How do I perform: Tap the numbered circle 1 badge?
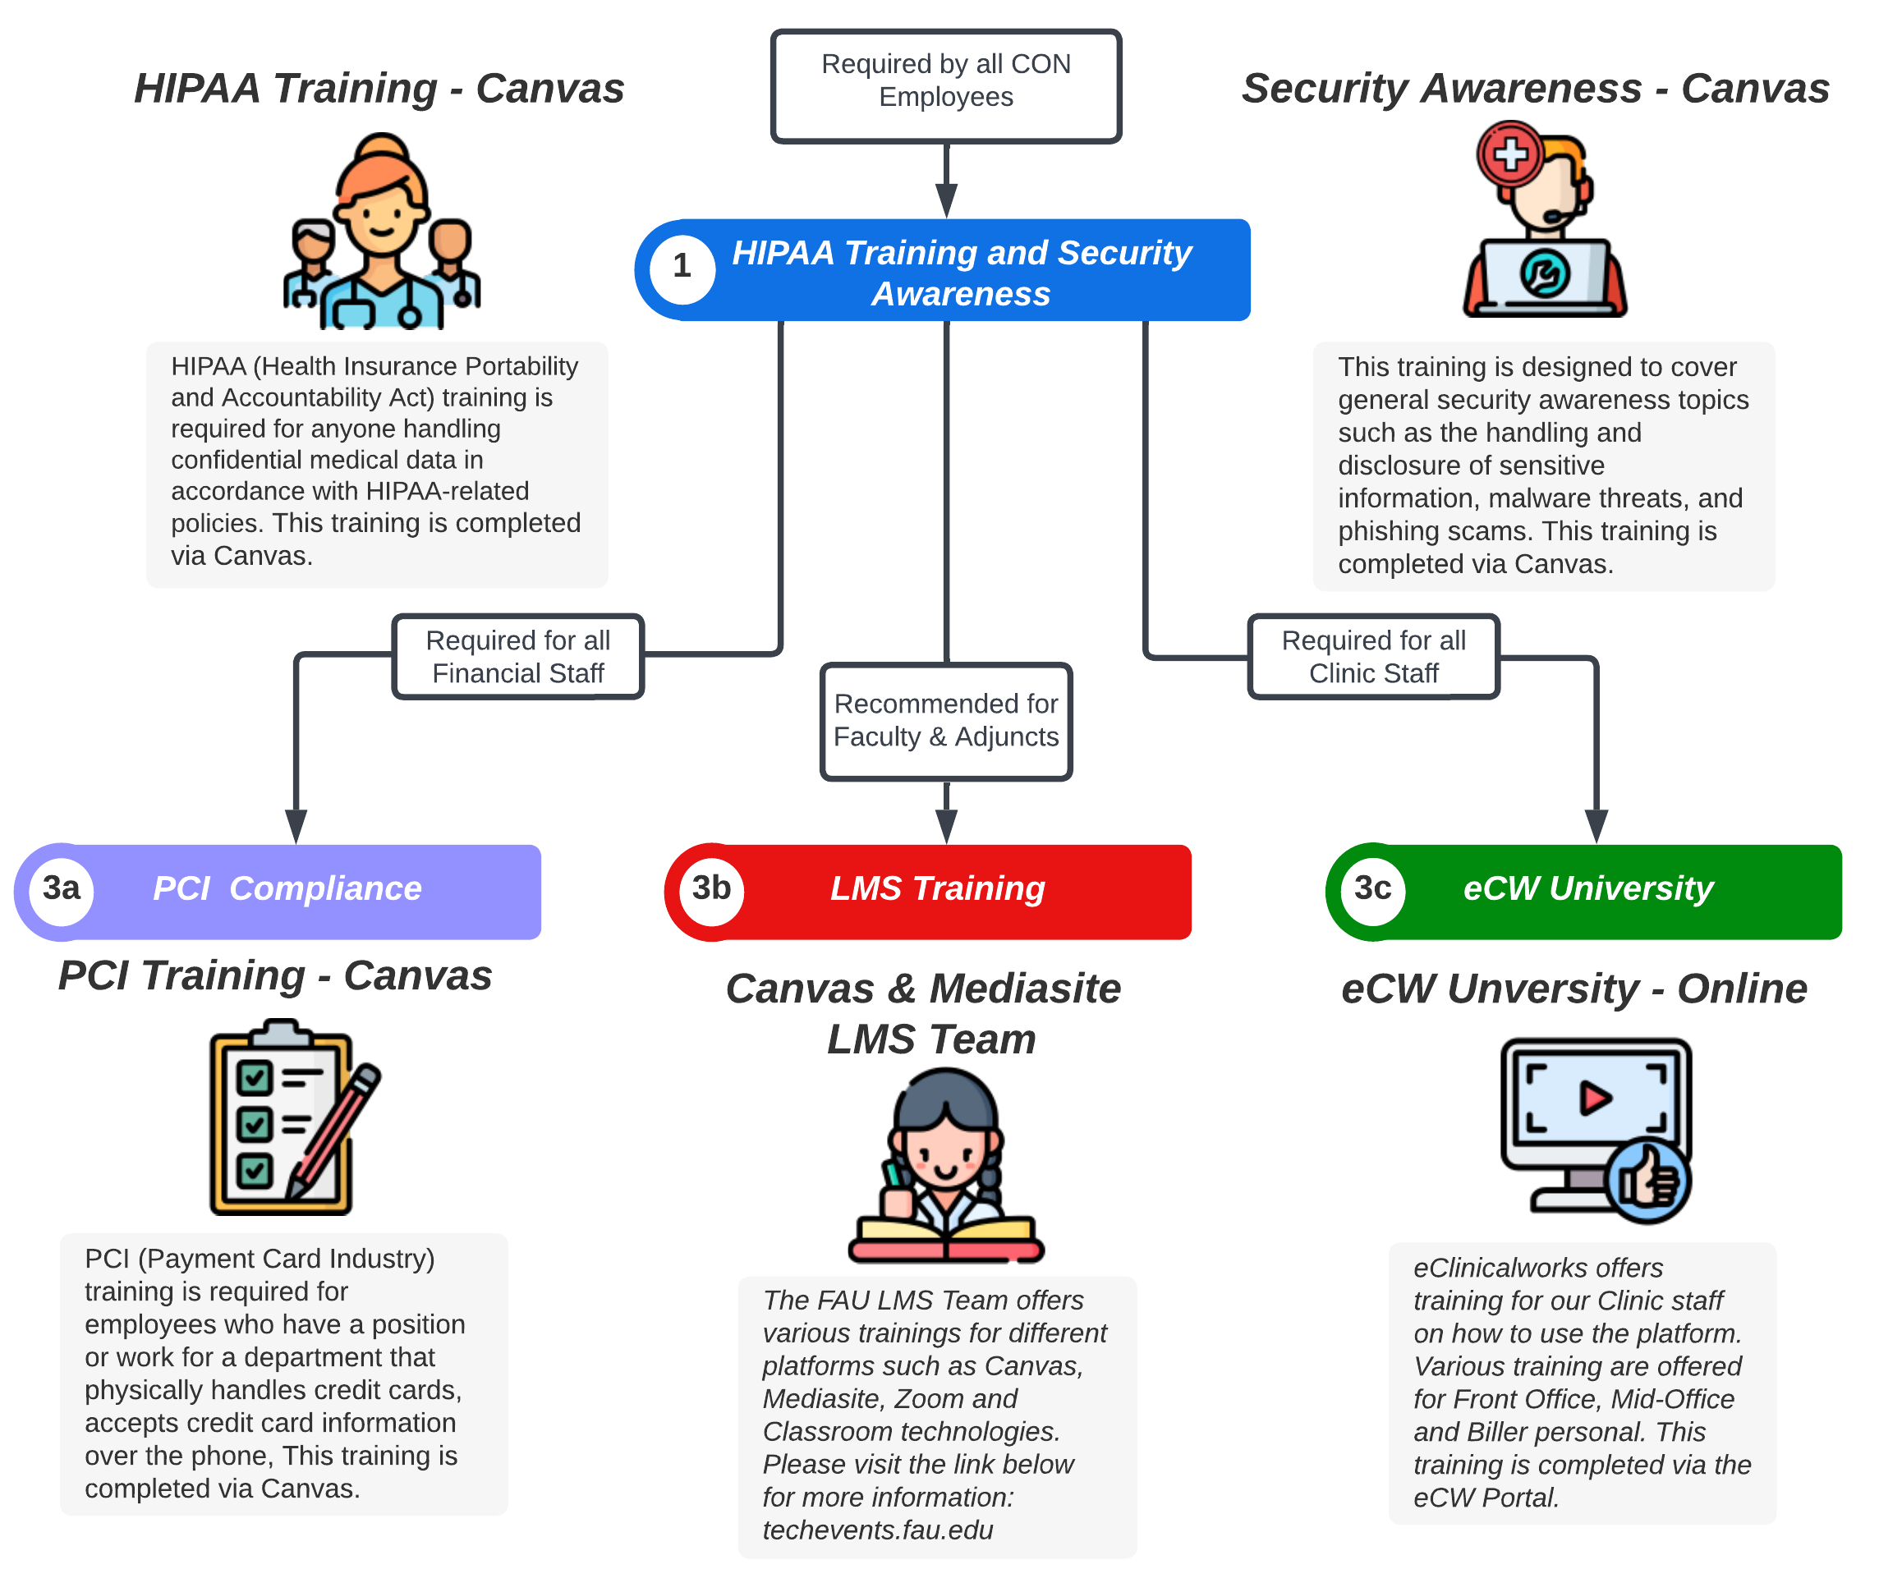tap(682, 267)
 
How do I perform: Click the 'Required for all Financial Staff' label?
tap(518, 657)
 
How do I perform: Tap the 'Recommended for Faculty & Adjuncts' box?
tap(946, 721)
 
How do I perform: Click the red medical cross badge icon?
tap(1510, 154)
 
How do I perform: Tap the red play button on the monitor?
tap(1595, 1099)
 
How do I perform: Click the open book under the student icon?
tap(946, 1236)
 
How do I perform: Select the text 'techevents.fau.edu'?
tap(877, 1530)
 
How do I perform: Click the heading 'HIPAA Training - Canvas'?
tap(379, 89)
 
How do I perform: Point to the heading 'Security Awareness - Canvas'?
tap(1534, 89)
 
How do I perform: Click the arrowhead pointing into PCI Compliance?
tap(296, 825)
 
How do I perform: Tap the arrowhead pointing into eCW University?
tap(1596, 825)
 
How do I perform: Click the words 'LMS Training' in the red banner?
tap(937, 889)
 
